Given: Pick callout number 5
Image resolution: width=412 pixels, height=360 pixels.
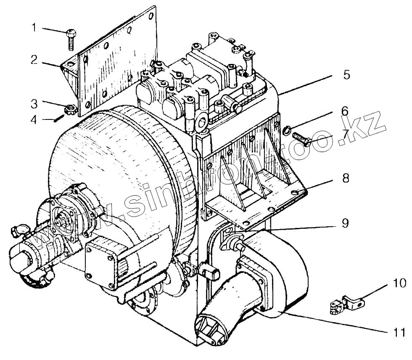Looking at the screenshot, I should point(346,75).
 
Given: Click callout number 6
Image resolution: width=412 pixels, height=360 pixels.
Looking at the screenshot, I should point(345,111).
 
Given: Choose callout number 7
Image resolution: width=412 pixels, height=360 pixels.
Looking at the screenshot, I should point(345,134).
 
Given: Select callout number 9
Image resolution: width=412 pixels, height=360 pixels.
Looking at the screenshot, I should point(345,222).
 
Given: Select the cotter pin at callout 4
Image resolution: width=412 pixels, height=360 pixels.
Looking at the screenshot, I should point(58,120).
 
